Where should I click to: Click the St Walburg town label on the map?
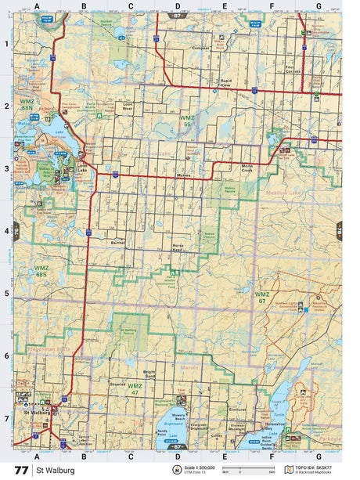[x=37, y=412]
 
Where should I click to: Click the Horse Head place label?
[x=178, y=249]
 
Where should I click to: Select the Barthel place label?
[x=118, y=244]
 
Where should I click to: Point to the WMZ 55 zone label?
[x=186, y=120]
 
